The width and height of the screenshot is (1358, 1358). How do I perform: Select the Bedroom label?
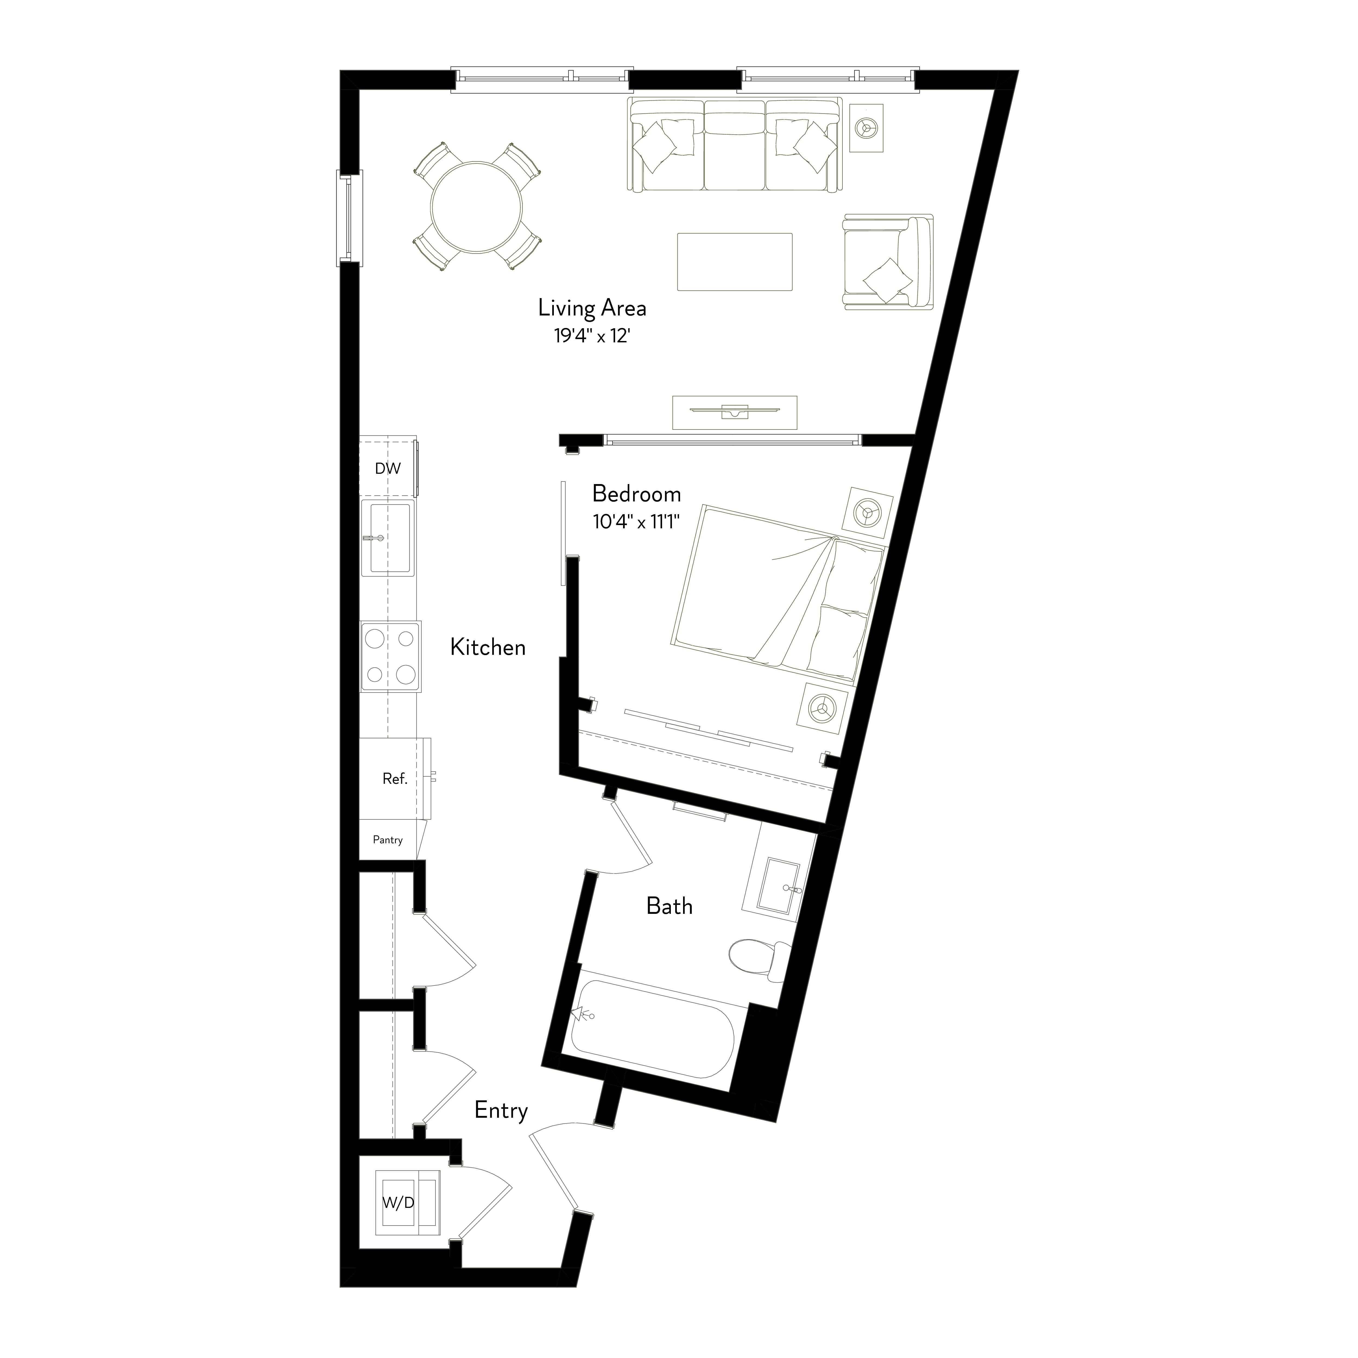coord(636,494)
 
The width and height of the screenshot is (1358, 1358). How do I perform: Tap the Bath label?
coord(669,906)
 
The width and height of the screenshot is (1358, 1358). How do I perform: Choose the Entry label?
coord(500,1110)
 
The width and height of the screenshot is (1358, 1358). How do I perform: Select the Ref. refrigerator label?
coord(394,778)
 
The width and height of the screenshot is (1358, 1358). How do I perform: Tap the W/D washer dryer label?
coord(398,1203)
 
